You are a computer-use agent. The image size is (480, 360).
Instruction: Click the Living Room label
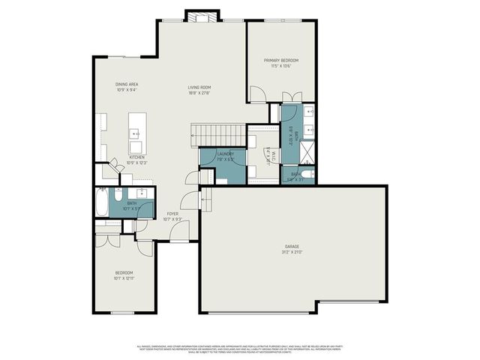(199, 88)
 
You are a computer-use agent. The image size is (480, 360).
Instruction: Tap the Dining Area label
(126, 84)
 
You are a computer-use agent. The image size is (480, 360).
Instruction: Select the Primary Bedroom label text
(280, 60)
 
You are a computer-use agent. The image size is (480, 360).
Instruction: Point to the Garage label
(292, 246)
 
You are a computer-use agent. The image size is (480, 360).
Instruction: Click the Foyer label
(172, 214)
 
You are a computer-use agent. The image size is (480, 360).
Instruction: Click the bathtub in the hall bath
(102, 202)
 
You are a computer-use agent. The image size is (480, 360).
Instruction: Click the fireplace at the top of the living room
(202, 16)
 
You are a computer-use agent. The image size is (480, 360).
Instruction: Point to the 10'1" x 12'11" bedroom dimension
(124, 277)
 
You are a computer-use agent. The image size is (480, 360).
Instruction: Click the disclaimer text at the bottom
(240, 349)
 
